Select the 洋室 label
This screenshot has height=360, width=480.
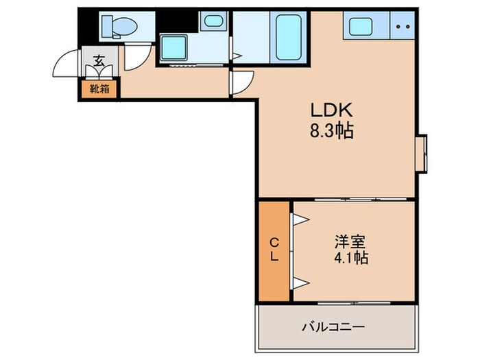[x=350, y=242]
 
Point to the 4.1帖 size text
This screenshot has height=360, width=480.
[x=350, y=259]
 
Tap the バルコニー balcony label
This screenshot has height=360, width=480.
[x=336, y=326]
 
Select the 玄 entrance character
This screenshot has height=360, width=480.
[x=99, y=61]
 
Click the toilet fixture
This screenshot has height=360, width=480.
[x=119, y=27]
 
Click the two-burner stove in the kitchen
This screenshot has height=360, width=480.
[x=403, y=27]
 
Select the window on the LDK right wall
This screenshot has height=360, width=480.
[x=422, y=152]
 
